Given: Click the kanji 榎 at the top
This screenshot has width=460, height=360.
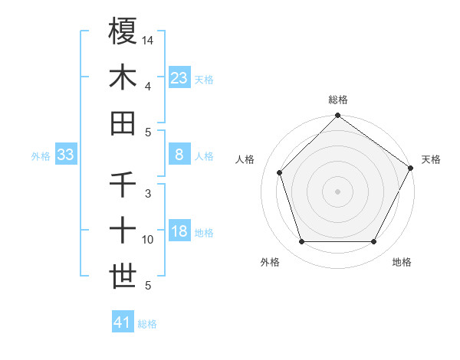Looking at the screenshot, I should click(123, 32).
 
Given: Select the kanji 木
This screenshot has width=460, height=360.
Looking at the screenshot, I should click(123, 77).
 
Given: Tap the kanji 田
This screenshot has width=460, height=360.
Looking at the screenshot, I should click(123, 123).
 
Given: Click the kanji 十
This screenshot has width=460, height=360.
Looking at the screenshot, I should click(123, 231).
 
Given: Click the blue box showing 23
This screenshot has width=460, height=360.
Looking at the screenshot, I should click(179, 78).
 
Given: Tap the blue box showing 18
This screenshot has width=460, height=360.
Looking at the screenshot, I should click(179, 232).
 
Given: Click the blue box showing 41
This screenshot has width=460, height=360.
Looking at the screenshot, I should click(123, 322).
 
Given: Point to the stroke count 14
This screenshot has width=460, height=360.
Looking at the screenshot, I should click(148, 40).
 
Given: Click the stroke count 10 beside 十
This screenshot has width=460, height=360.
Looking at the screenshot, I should click(148, 240).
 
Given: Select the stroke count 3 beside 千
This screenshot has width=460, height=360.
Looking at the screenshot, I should click(148, 193).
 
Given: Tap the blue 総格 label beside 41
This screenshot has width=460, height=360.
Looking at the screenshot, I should click(147, 324).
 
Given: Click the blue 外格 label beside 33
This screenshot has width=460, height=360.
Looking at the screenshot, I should click(41, 156).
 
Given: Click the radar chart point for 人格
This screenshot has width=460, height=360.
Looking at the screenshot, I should click(280, 172).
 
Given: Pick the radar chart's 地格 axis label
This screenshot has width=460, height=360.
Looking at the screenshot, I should click(402, 262).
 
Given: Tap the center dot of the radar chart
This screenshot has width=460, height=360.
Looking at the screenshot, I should click(337, 191).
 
